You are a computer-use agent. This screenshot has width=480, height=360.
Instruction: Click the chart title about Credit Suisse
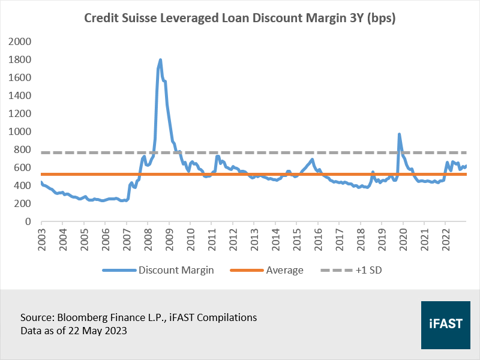coord(240,19)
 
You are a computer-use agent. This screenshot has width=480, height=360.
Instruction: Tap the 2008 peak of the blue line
coord(160,60)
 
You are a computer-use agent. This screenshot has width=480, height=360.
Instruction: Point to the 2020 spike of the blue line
coord(399,134)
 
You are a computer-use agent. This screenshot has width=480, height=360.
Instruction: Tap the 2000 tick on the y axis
coord(19,41)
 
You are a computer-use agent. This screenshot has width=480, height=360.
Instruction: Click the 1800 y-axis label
coord(19,59)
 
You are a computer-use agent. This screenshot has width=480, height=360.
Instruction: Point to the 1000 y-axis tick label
coord(19,131)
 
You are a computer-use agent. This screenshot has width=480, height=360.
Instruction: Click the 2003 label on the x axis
coord(41,237)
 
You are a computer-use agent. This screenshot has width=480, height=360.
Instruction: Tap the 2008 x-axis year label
coord(148,237)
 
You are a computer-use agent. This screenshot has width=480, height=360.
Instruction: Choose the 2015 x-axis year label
coord(296,237)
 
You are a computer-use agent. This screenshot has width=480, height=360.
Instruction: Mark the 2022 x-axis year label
coord(445,237)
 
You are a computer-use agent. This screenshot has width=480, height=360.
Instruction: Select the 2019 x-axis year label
coord(382,237)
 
